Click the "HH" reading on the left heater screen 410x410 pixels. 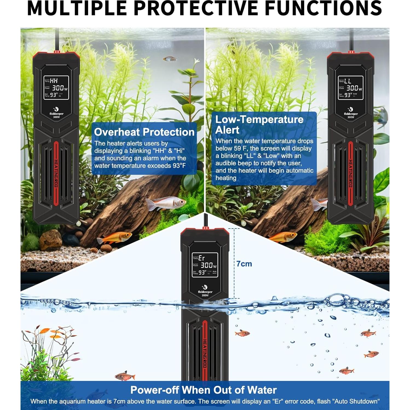click(x=54, y=81)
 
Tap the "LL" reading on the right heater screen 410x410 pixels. click(x=348, y=81)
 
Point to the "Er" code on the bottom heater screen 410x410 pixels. click(x=202, y=258)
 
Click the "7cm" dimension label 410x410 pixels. click(x=244, y=264)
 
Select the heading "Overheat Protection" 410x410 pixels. click(x=144, y=132)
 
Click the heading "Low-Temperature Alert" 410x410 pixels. click(x=259, y=125)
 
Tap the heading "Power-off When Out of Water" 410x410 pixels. click(x=203, y=390)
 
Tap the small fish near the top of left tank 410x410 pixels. click(x=169, y=59)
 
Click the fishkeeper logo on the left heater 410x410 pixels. click(x=56, y=111)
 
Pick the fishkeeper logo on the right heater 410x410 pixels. click(x=351, y=111)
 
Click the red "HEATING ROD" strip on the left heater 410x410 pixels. click(x=56, y=173)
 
